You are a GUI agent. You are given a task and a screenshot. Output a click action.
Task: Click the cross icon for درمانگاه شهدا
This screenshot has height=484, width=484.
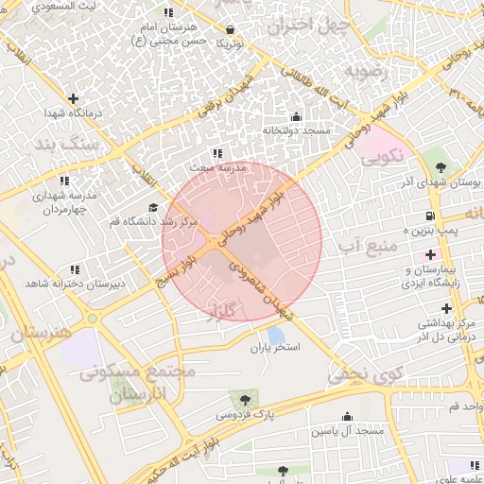coord(73,98)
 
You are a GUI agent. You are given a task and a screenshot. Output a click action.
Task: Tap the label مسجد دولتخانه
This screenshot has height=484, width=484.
coord(295,130)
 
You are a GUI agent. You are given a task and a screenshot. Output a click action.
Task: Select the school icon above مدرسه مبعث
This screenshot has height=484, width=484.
coord(217,153)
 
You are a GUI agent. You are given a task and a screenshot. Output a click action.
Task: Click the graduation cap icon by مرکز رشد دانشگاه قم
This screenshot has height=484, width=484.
coord(153,208)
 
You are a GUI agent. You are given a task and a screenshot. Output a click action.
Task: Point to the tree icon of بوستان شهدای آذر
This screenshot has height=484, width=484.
coord(441,165)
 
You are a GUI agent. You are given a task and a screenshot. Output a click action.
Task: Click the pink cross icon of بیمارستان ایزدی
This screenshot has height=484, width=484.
coord(431,254)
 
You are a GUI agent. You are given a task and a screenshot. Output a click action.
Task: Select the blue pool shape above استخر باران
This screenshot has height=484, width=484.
coord(276,335)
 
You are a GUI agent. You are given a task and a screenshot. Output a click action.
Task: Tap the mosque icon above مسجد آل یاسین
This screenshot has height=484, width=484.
coord(347,417)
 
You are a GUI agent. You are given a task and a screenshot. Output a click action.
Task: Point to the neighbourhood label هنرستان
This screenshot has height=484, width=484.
coord(42,333)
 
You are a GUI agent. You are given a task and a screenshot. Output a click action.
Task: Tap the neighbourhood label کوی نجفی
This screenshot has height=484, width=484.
coord(364,373)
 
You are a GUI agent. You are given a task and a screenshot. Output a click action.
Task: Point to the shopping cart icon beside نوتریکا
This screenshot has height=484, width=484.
coord(222,43)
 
